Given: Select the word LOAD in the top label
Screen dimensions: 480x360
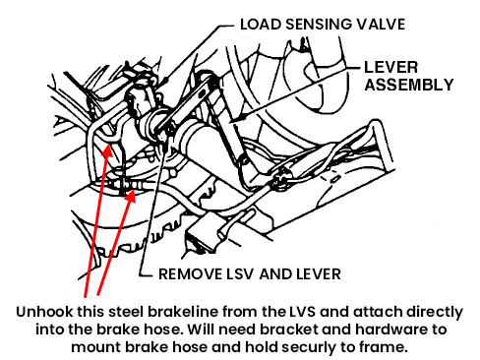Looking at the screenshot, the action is pyautogui.click(x=261, y=25).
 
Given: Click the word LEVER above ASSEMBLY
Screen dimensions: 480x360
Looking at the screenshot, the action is pyautogui.click(x=391, y=68).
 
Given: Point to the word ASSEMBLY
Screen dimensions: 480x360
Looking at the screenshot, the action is pyautogui.click(x=409, y=85).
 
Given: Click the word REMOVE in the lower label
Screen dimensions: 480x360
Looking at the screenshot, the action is pyautogui.click(x=190, y=274).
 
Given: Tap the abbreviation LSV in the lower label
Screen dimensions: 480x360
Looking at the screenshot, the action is pyautogui.click(x=240, y=274).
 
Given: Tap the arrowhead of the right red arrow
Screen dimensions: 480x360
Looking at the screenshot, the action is pyautogui.click(x=131, y=196).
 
